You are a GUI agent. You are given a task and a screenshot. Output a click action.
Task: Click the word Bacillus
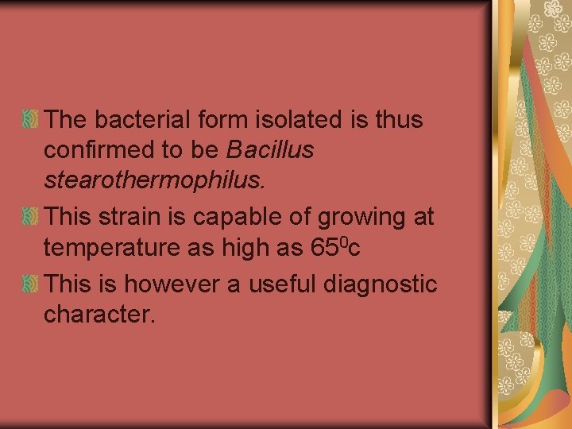pyautogui.click(x=270, y=149)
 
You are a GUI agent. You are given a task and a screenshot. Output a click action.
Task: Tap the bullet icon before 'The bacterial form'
pyautogui.click(x=29, y=120)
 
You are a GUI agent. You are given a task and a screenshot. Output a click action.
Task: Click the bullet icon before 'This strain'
pyautogui.click(x=29, y=216)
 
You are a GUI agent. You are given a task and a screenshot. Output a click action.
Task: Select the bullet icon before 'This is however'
pyautogui.click(x=29, y=284)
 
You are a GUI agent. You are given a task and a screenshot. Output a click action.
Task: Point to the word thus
pyautogui.click(x=401, y=119)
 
